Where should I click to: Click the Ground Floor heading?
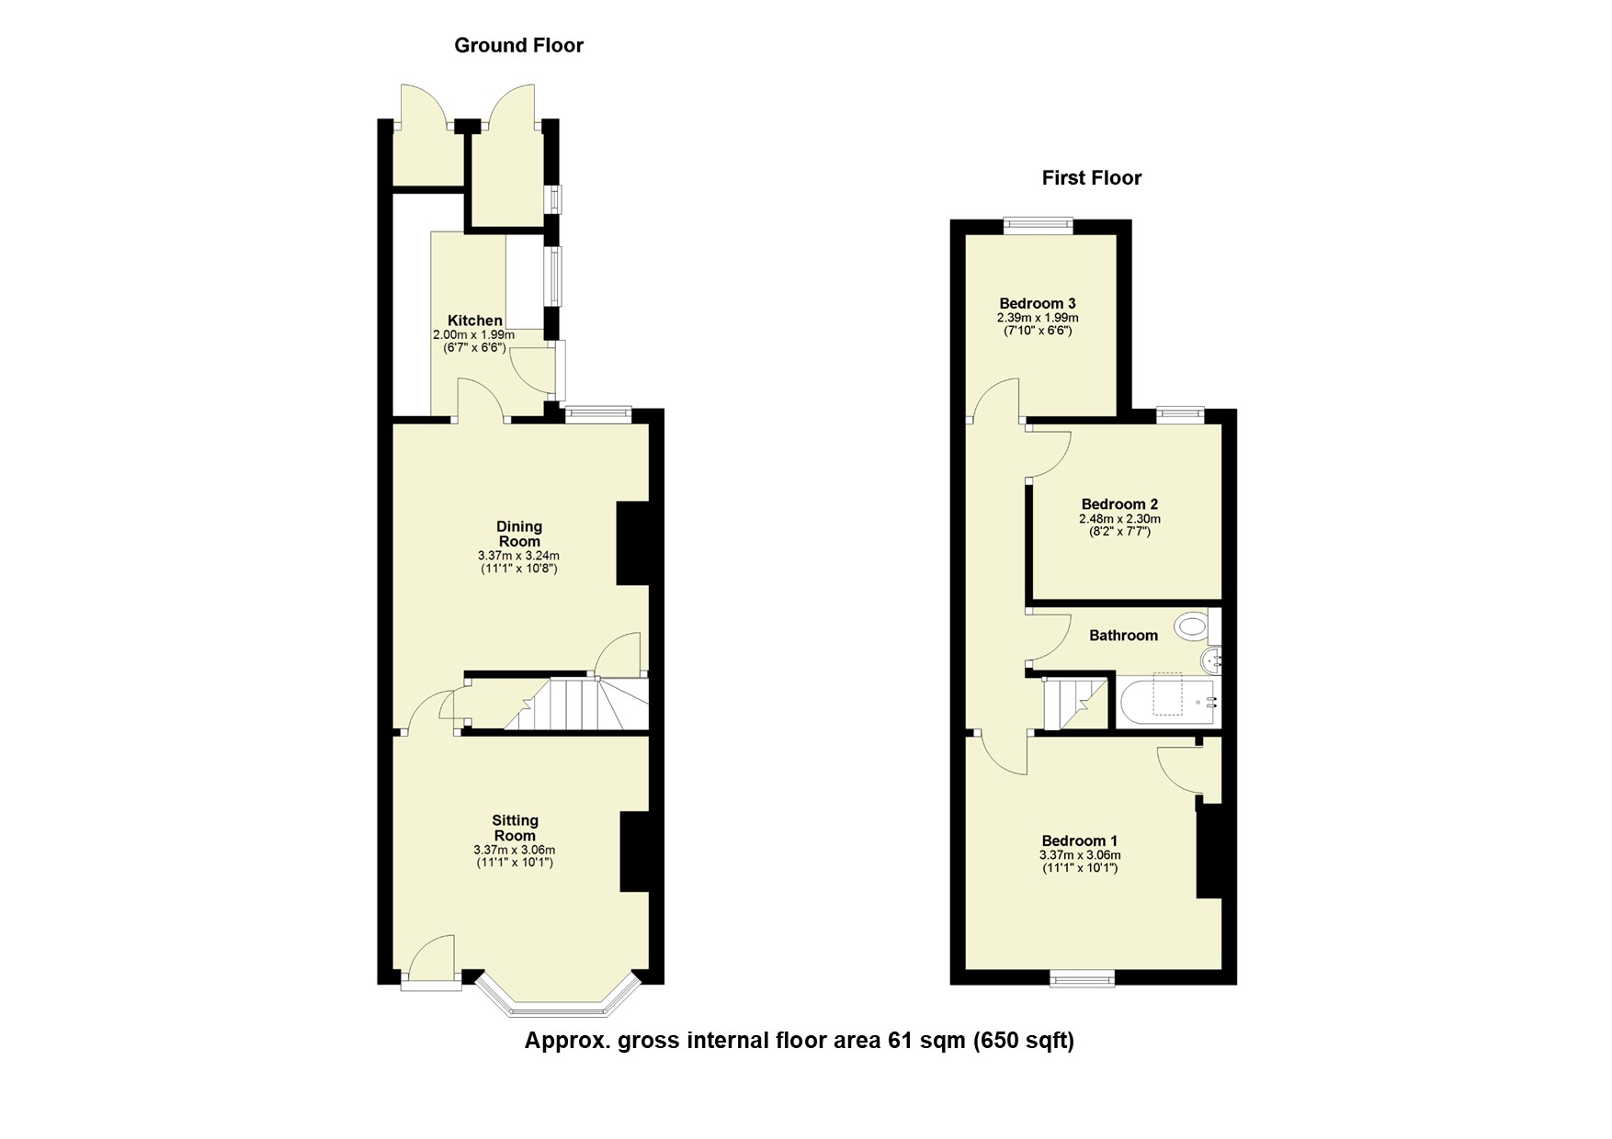[x=518, y=45]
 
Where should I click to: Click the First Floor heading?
[x=1091, y=178]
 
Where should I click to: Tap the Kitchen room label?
[x=474, y=321]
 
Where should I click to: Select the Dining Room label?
[x=519, y=534]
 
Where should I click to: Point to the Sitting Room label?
[x=515, y=828]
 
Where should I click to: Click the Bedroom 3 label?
[x=1038, y=303]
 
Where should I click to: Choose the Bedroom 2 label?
[x=1119, y=503]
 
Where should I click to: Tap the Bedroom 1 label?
[x=1079, y=840]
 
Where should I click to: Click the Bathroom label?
[x=1123, y=635]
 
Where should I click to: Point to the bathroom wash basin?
[x=1211, y=659]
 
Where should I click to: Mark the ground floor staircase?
[x=579, y=705]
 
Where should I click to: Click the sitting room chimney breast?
[x=636, y=851]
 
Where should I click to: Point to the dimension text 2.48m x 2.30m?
[x=1119, y=519]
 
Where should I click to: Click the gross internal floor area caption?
[x=799, y=1041]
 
